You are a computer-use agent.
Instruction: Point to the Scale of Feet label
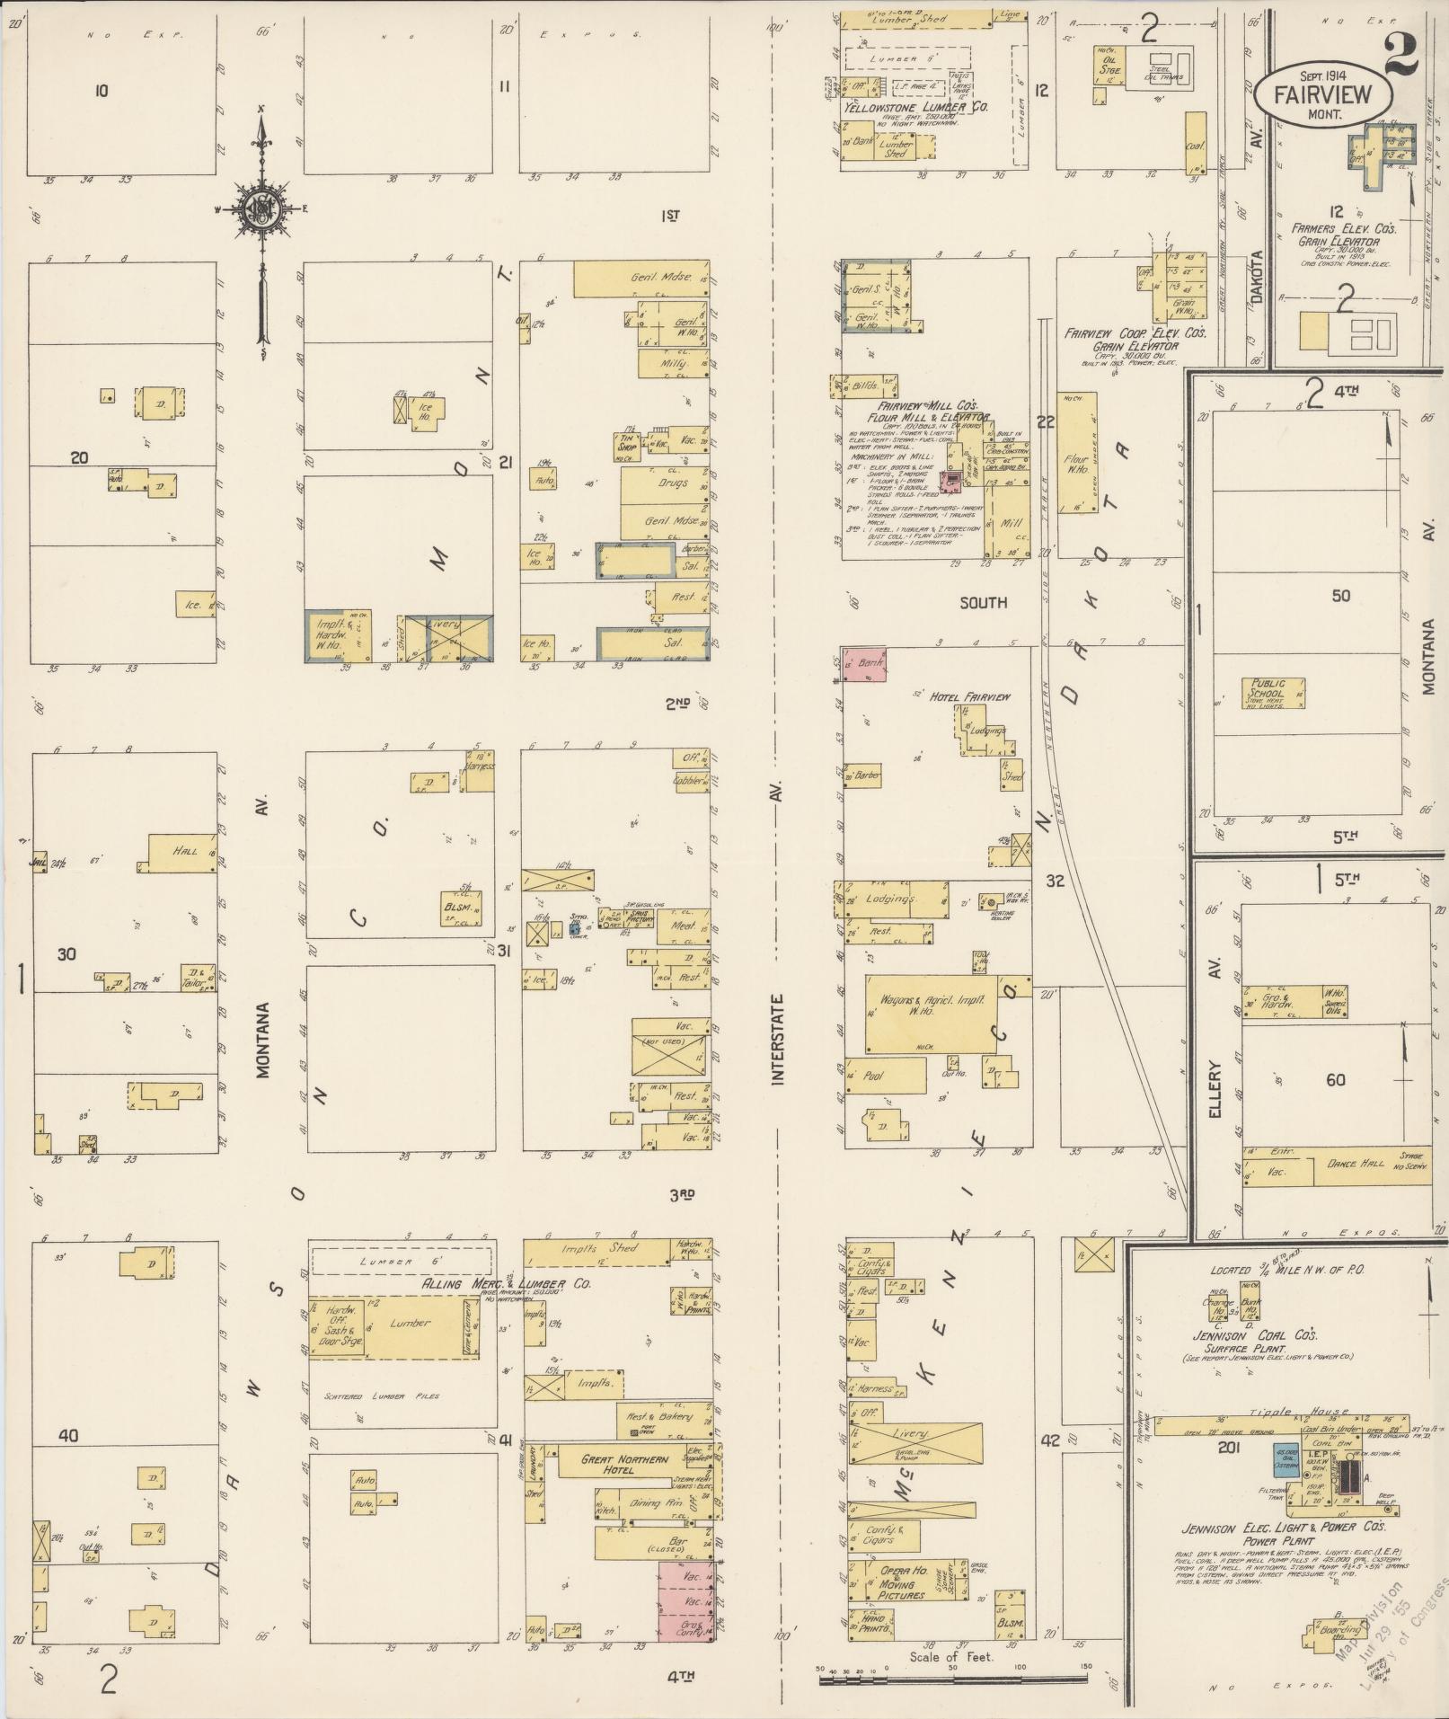[x=950, y=1656]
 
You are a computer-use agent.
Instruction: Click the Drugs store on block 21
[x=666, y=483]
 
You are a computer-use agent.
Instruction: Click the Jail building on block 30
[x=40, y=861]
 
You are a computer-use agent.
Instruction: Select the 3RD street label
[x=683, y=1193]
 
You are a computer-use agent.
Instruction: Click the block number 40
[x=67, y=1435]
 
